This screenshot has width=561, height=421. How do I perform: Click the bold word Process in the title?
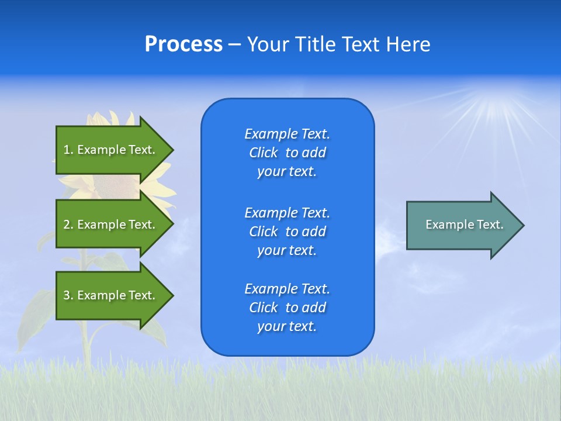pos(183,44)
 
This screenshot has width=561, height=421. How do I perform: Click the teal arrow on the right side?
pos(462,225)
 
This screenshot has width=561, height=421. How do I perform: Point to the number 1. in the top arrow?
pos(68,150)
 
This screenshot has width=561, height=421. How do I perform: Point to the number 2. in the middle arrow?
pos(68,225)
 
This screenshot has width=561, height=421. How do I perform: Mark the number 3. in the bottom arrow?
pos(68,295)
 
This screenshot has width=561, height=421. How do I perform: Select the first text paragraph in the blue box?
pos(287,153)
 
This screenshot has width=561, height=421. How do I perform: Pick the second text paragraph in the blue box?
pos(287,231)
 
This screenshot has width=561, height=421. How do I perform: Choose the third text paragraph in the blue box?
pos(287,308)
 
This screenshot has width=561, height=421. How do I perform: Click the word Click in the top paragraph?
pos(263,153)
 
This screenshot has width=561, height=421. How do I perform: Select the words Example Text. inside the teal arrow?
pos(464,225)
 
